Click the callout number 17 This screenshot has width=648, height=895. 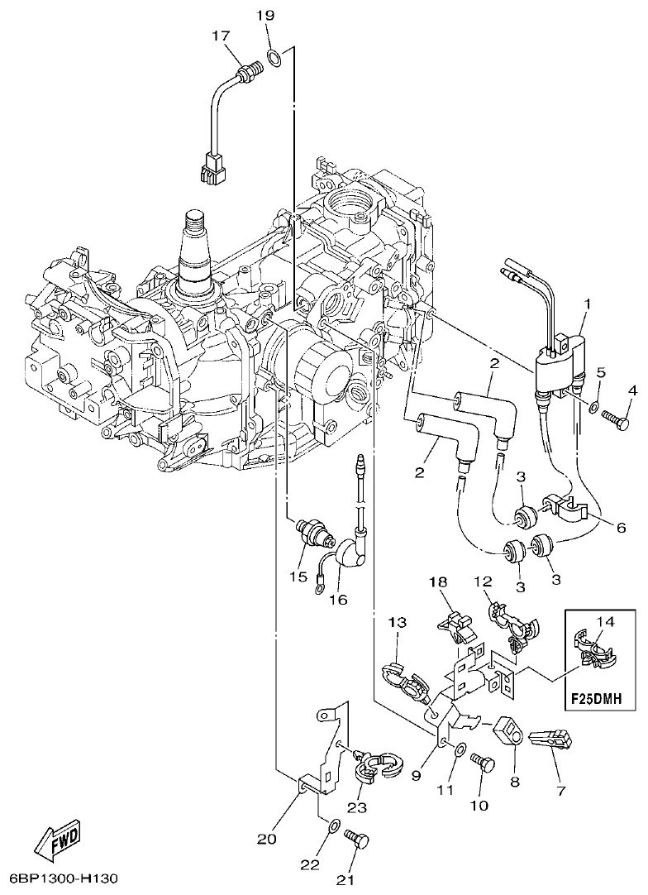tap(220, 36)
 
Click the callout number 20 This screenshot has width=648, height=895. tap(265, 839)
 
